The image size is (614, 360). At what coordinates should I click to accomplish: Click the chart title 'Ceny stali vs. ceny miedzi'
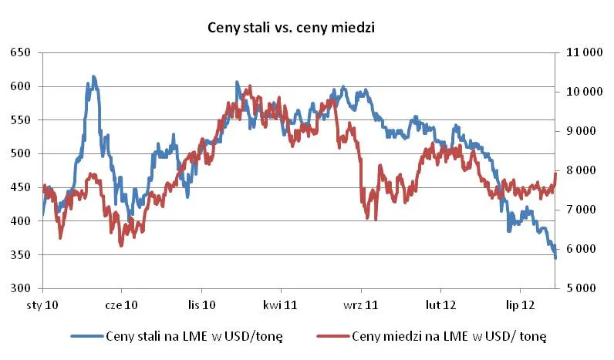pos(291,28)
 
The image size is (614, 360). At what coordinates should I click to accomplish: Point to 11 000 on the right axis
pos(583,52)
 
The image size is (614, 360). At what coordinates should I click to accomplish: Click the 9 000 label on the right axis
pos(583,131)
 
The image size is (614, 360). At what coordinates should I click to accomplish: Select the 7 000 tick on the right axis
pos(583,210)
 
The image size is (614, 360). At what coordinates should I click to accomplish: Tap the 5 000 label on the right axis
pos(583,288)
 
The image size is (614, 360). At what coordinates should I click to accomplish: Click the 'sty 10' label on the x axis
pos(43,305)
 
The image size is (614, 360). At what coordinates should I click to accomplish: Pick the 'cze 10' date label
pos(122,305)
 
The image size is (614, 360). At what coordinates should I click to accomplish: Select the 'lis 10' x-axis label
pos(201,305)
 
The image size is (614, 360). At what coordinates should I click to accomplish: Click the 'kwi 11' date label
pos(280,305)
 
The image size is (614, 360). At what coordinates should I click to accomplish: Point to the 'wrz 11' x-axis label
pos(360,305)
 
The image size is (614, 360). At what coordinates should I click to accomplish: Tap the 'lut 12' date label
pos(439,305)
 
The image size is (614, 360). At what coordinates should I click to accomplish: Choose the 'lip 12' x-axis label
pos(518,305)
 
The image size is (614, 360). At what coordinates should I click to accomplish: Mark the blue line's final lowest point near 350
pos(555,257)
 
